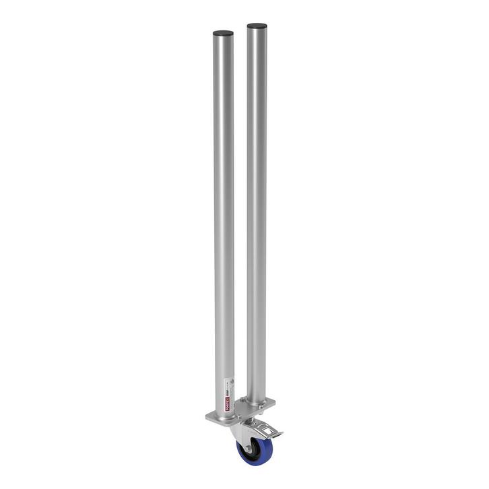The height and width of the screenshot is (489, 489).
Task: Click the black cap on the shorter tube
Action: [223, 33]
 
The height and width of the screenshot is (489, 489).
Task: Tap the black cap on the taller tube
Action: [257, 26]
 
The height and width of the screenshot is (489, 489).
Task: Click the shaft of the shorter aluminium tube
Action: [223, 202]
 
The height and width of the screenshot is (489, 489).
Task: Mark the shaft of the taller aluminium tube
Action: [256, 202]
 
